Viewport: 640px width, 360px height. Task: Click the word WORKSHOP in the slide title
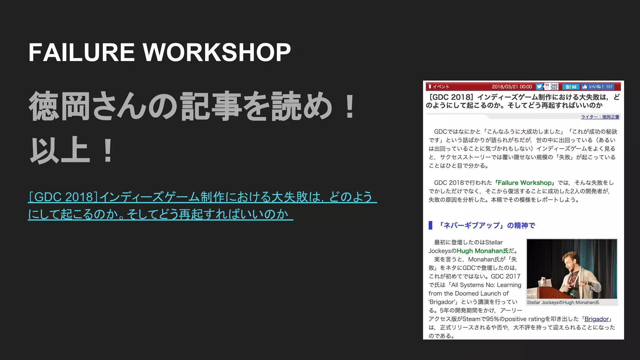(x=217, y=52)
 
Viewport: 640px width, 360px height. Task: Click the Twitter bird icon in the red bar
(x=539, y=87)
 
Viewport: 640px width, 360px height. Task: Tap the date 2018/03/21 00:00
(x=512, y=87)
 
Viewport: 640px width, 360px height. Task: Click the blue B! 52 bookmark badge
(x=571, y=87)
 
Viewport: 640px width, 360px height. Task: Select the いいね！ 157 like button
(x=598, y=87)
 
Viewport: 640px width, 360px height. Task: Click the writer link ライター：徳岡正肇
(x=600, y=117)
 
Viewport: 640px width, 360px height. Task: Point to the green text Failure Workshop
(x=525, y=183)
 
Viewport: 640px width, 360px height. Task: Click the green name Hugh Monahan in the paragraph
(x=482, y=251)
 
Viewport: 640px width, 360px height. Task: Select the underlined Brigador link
(x=597, y=319)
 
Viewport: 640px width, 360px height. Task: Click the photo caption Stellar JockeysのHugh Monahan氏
(x=563, y=302)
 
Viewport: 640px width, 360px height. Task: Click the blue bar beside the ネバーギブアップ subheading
(x=430, y=225)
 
